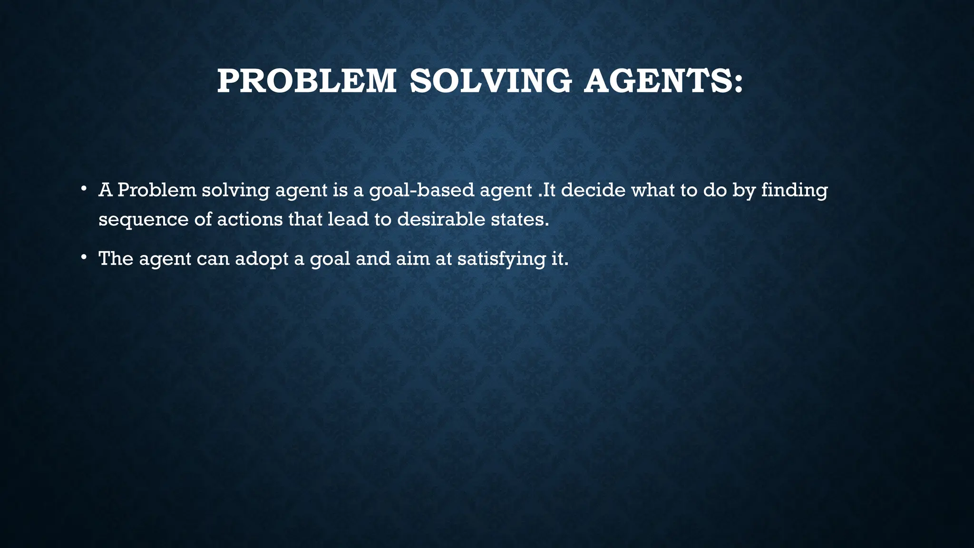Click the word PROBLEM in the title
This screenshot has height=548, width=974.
307,81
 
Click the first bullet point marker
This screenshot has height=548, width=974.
83,189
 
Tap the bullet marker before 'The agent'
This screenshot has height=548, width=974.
83,257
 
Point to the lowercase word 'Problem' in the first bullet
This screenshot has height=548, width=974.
157,190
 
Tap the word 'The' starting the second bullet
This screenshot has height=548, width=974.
116,258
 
